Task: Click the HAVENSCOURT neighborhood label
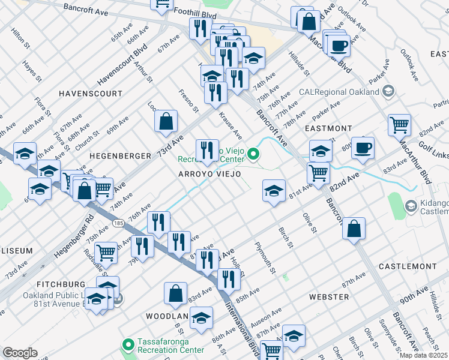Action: (90, 94)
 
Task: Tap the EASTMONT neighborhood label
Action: (328, 128)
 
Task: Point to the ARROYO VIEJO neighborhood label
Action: (209, 174)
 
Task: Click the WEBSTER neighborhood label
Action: (328, 297)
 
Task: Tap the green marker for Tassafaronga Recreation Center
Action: (127, 345)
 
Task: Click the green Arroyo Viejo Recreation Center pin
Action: (253, 155)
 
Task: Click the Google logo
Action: (20, 353)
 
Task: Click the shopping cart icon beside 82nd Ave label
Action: (318, 173)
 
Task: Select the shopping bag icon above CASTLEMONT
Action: (354, 229)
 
